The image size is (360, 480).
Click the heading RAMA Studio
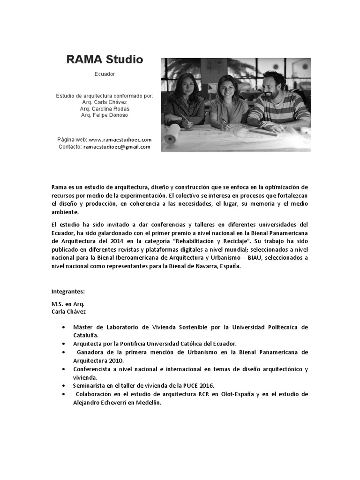coord(105,60)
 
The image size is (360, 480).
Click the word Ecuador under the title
coord(105,75)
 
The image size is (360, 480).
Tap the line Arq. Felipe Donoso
coord(105,115)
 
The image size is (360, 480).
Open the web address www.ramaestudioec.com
coord(120,140)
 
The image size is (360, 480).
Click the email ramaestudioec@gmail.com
coord(117,147)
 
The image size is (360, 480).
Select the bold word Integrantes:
coord(68,292)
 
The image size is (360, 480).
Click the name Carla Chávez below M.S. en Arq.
coord(69,312)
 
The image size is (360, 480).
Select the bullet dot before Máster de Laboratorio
coord(63,327)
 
